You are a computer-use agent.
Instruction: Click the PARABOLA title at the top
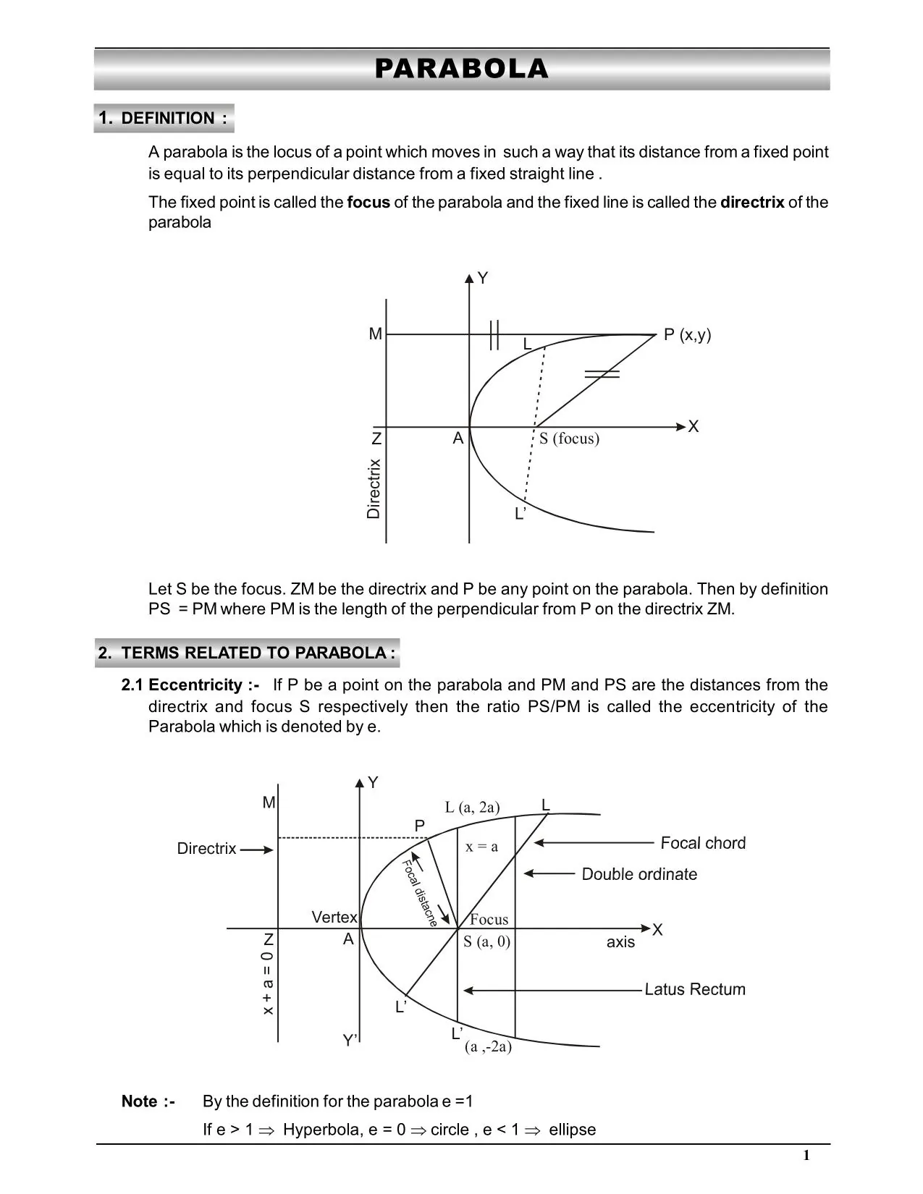461,69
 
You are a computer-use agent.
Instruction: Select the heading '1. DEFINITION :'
164,118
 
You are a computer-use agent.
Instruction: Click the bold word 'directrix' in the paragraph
751,203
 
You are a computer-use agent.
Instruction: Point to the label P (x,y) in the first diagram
687,334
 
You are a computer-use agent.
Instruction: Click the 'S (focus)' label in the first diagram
569,439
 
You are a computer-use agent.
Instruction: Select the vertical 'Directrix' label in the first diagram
374,488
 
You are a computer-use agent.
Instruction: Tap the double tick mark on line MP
494,335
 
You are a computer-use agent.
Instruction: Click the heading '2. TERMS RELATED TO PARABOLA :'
247,653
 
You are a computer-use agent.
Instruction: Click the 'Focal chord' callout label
702,843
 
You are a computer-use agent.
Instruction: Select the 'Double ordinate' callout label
639,874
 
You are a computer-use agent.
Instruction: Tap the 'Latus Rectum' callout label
694,989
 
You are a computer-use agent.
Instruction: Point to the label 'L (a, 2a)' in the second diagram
472,808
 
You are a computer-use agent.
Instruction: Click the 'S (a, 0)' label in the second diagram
486,941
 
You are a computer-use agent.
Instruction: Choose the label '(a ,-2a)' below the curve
488,1046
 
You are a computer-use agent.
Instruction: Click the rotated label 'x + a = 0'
268,983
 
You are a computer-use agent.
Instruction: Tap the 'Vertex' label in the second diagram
334,918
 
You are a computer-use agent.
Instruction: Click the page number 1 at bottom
806,1156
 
